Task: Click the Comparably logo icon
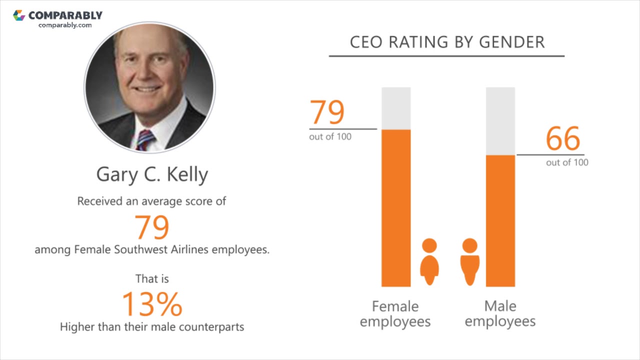[x=19, y=15]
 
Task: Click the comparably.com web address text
[x=65, y=25]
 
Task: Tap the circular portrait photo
[x=149, y=87]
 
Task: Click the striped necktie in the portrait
[x=145, y=140]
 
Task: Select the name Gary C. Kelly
[x=152, y=174]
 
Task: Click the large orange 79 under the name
[x=152, y=227]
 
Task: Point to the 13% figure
[x=152, y=303]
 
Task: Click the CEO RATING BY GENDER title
[x=447, y=42]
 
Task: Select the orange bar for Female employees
[x=396, y=208]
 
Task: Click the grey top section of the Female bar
[x=396, y=108]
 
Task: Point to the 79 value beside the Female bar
[x=327, y=112]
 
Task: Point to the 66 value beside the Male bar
[x=563, y=138]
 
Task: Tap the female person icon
[x=429, y=261]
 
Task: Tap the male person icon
[x=469, y=261]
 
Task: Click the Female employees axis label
[x=395, y=313]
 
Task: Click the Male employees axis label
[x=500, y=313]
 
